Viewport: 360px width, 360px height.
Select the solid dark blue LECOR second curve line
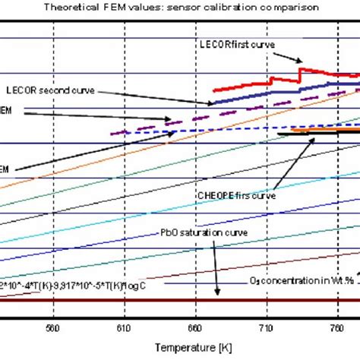[251, 95]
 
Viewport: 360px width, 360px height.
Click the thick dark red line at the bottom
[179, 301]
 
